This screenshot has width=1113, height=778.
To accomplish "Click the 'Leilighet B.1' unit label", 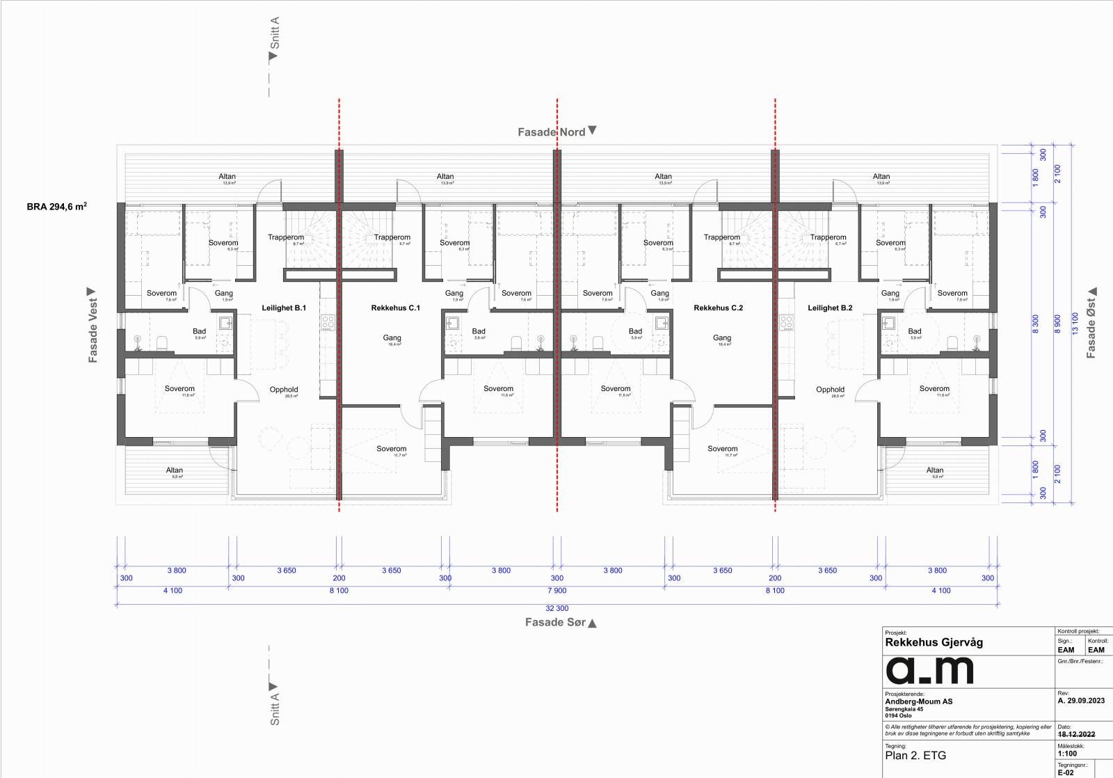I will tap(284, 308).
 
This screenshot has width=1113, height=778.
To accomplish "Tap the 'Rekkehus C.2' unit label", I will tap(718, 308).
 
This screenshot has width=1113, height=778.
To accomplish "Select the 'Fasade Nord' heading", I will tap(552, 132).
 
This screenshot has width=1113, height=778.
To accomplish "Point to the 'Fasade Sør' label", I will tap(555, 622).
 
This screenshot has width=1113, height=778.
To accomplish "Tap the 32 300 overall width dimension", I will tap(556, 608).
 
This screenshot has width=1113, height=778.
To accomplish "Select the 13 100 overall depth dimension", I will tap(1075, 324).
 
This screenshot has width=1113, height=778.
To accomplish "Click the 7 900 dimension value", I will tap(556, 591).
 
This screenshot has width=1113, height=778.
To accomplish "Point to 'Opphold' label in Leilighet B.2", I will tap(830, 390).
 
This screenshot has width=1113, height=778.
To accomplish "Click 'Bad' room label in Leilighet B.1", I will tap(199, 331).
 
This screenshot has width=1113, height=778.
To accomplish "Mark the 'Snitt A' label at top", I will tap(275, 33).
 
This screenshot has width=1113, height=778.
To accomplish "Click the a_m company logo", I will tap(929, 670).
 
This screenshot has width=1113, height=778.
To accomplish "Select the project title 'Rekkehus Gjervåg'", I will tap(934, 642).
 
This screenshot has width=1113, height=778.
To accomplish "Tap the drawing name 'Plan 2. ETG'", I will tap(915, 755).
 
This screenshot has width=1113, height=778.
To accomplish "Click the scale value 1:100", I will tap(1067, 754).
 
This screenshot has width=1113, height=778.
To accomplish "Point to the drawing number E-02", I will tap(1066, 772).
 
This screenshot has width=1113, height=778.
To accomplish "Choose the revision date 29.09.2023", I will tap(1085, 701).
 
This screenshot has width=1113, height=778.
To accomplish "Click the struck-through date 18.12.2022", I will tap(1076, 734).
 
